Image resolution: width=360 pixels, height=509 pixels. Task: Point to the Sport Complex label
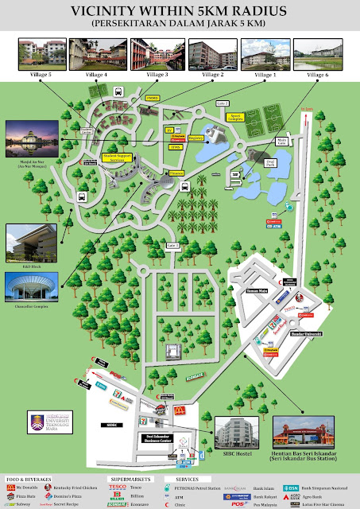(234, 115)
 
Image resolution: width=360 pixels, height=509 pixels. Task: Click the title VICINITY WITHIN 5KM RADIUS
(180, 12)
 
